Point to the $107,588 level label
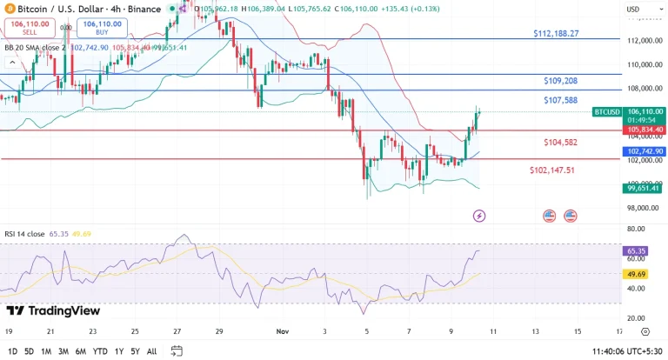coord(560,100)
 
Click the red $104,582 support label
coord(559,142)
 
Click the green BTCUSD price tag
coord(606,112)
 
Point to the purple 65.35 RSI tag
coord(635,250)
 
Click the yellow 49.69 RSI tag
coord(635,273)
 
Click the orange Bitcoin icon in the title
coord(9,10)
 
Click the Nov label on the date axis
coord(282,331)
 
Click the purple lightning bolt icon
coord(479,215)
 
